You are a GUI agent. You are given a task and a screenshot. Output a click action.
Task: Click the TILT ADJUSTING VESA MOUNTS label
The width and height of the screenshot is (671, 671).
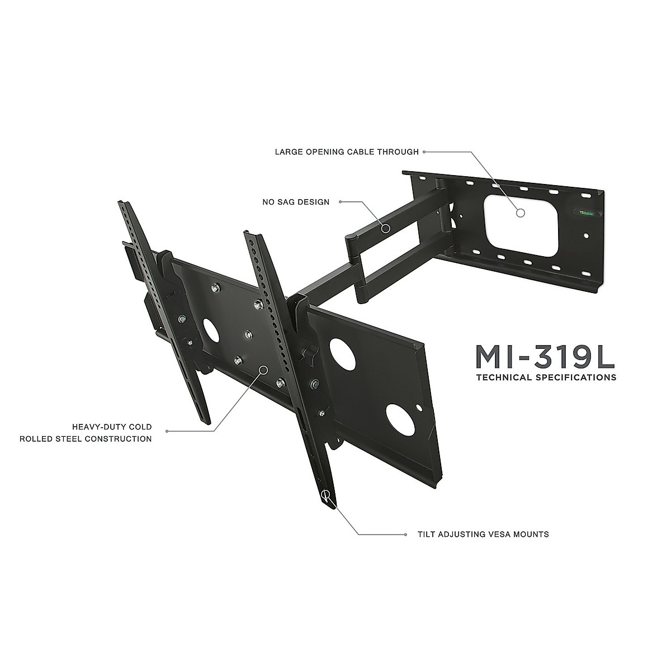click(483, 534)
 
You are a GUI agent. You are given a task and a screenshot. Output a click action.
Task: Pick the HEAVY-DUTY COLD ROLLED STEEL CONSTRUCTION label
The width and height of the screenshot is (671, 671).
click(86, 433)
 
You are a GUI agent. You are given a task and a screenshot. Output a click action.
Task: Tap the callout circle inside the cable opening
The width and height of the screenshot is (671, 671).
click(521, 212)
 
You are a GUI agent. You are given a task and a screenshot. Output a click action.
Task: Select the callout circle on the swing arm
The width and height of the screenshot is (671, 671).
click(385, 228)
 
